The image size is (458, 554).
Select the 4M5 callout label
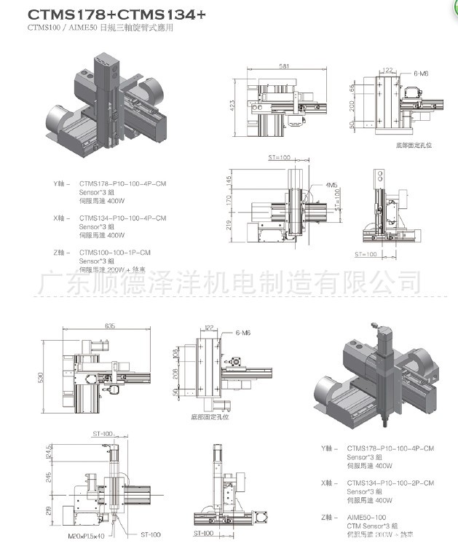[x=331, y=185]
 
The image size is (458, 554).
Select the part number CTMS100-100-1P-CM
[x=115, y=252]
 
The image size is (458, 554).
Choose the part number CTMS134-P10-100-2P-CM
[x=390, y=483]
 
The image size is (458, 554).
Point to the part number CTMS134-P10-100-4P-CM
[x=122, y=218]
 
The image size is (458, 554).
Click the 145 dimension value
[x=229, y=178]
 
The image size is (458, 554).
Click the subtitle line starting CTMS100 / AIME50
[x=101, y=28]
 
